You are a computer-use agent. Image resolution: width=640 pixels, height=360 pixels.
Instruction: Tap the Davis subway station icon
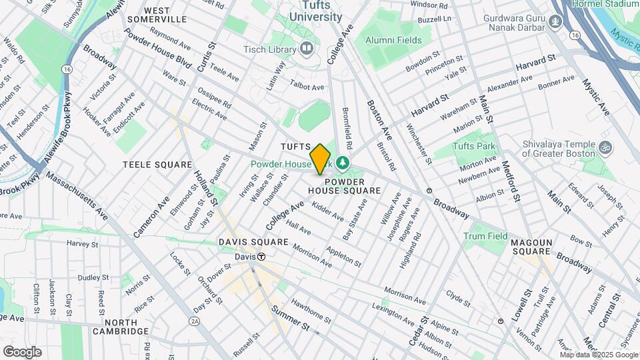point(261,257)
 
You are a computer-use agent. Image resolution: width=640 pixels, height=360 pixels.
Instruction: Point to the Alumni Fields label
point(393,40)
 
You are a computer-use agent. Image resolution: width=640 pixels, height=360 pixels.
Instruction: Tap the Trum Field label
point(485,236)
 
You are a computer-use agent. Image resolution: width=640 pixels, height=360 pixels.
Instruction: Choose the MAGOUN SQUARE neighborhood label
point(531,247)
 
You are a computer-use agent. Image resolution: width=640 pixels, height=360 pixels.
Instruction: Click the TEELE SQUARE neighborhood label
point(152,163)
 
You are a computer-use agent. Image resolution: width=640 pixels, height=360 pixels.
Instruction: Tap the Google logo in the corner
point(22,351)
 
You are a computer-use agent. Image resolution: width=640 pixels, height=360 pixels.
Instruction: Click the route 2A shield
point(195,321)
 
